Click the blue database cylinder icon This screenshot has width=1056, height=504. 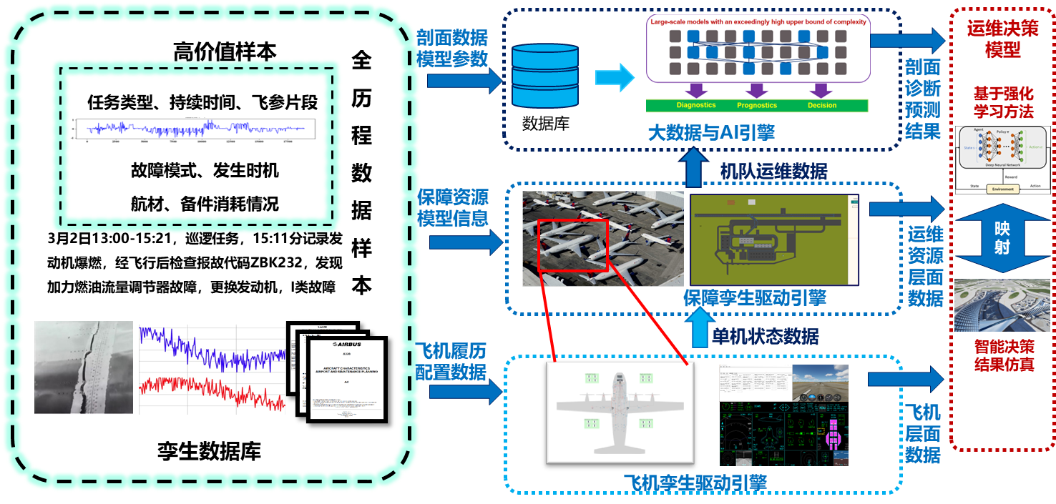coord(545,75)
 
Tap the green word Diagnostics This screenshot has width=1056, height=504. coord(696,105)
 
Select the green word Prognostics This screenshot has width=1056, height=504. coord(757,105)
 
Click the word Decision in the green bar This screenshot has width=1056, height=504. coord(822,105)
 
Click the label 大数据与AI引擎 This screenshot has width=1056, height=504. coord(711,132)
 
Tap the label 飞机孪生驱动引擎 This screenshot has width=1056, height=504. coord(695,483)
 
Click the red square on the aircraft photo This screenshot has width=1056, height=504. coord(573,245)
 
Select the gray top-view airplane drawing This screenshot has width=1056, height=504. coord(620,412)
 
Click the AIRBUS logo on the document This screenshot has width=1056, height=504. coord(347,345)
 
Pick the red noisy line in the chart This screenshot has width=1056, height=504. coord(212,390)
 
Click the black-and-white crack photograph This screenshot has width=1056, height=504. coord(84,367)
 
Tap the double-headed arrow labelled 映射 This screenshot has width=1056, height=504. coord(1002,237)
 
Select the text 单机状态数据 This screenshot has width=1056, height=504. coord(765,336)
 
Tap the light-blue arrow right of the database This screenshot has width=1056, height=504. coord(615,76)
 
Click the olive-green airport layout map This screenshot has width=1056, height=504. coord(775,239)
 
